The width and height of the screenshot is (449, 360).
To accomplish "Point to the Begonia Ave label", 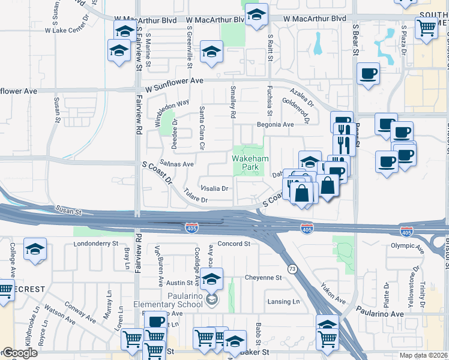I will point(276,125).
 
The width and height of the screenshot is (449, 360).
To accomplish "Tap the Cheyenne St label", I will point(263,278).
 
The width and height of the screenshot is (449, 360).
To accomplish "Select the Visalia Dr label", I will point(215,188).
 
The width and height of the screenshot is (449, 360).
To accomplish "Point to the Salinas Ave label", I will point(177,163).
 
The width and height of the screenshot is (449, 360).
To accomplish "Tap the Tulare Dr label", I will point(195,198).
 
